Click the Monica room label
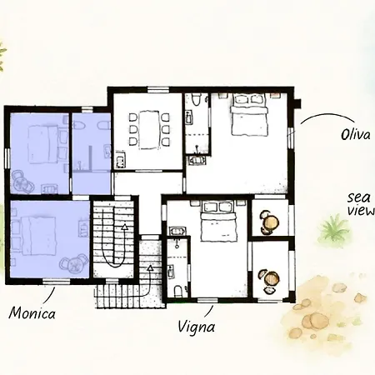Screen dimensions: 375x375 coord(32,313)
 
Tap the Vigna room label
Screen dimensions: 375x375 coord(196,327)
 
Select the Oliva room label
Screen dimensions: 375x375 coord(355,135)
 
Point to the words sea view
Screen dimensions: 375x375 coord(360,204)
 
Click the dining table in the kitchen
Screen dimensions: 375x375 coord(149,130)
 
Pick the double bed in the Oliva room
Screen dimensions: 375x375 coord(249,114)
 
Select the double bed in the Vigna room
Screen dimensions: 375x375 coord(218,221)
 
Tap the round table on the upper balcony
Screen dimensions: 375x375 coord(272,222)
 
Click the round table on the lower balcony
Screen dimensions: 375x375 coord(272,278)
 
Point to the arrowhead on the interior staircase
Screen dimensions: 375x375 coord(124,227)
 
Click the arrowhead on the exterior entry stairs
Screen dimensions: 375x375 coord(150,268)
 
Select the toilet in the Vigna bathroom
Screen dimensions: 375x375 coord(178,292)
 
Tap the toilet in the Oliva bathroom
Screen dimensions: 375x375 coord(197,99)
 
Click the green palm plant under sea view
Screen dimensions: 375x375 coord(334,228)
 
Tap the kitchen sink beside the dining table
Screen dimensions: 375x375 coord(120,160)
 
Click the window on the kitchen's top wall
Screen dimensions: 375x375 coord(158,90)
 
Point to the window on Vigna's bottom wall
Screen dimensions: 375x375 coord(207,300)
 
